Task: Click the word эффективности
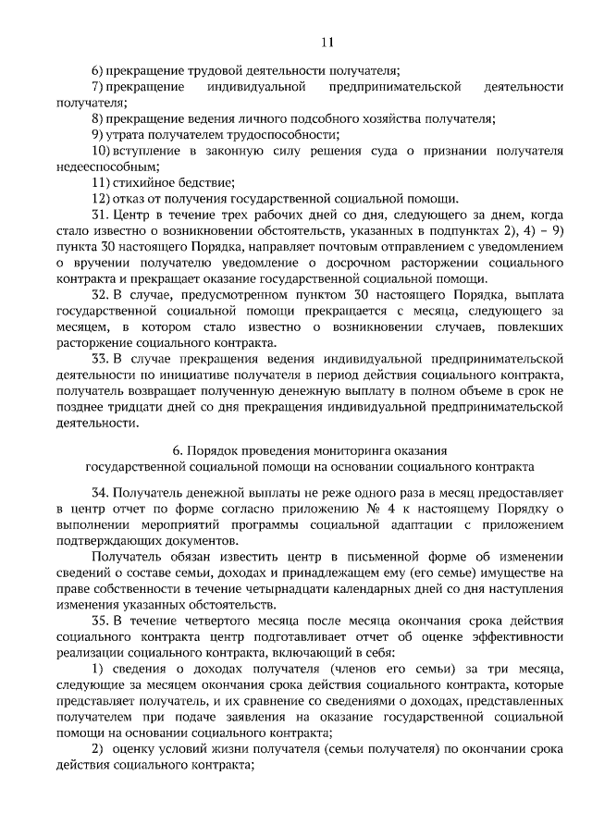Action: [x=494, y=636]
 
